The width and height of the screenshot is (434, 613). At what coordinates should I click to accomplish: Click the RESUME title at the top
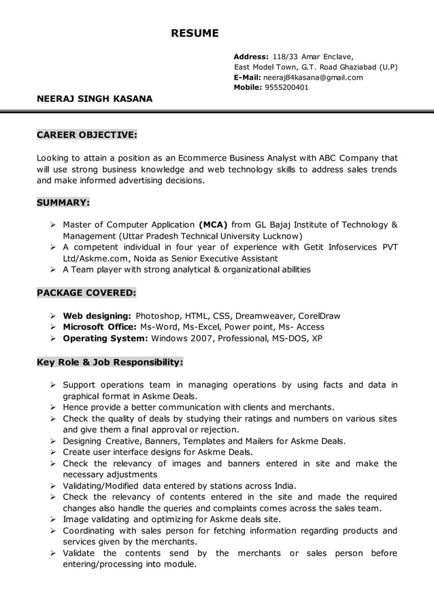(x=195, y=33)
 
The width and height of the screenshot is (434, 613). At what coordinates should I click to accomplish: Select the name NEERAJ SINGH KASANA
(x=95, y=99)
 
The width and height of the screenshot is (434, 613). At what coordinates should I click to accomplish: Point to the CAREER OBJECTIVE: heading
(x=86, y=135)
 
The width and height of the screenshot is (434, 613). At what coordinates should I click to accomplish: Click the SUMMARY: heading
(x=63, y=203)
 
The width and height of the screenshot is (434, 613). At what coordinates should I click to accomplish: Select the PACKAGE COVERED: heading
(x=86, y=293)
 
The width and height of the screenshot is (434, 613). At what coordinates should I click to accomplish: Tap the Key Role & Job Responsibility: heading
(x=110, y=362)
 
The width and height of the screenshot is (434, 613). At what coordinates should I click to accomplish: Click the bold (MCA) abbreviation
(x=213, y=224)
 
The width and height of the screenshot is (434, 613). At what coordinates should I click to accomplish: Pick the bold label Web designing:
(x=97, y=316)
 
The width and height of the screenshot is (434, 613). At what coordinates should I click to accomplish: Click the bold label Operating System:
(x=105, y=338)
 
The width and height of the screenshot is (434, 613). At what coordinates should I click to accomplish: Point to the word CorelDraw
(x=317, y=316)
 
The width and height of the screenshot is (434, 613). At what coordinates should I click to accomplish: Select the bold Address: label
(x=251, y=56)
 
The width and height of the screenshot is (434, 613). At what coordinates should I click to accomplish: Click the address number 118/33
(x=286, y=56)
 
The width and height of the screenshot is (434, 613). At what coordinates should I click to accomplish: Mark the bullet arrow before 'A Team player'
(x=53, y=270)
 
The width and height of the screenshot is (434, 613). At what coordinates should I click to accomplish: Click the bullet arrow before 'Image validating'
(x=53, y=520)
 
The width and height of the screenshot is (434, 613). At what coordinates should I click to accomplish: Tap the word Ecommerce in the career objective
(x=202, y=158)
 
